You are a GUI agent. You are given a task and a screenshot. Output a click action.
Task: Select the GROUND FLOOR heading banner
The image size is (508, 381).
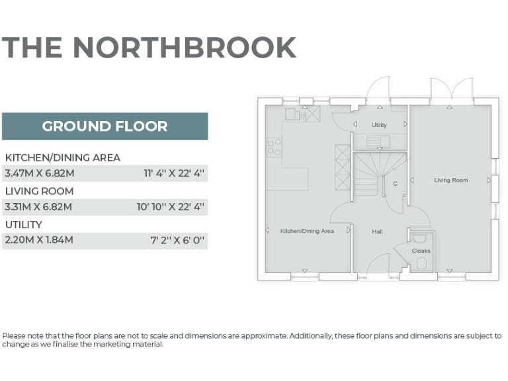pos(105,126)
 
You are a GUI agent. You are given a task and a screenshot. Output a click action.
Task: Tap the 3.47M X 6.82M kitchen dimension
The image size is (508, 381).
pos(38,174)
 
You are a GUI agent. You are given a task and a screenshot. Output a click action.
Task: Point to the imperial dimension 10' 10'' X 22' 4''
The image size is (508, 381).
pos(170,207)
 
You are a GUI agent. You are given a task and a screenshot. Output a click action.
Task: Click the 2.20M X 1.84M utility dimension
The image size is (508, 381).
pos(38,240)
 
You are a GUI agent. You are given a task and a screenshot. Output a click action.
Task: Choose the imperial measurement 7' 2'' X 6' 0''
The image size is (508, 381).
pos(178,240)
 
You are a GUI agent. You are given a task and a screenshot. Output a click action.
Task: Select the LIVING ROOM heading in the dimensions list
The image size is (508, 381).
pos(39,191)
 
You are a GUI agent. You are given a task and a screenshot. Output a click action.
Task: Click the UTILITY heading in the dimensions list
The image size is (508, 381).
pos(23,224)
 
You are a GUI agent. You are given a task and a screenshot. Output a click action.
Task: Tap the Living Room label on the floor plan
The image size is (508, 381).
pos(451,180)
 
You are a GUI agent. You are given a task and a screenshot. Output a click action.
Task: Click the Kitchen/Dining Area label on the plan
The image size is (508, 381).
pos(307,231)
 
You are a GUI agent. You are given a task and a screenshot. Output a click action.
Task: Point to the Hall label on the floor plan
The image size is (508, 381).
pos(377,232)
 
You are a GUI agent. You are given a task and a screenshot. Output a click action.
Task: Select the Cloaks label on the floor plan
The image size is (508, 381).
pos(421,251)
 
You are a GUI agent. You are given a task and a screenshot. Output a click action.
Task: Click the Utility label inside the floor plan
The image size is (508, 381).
pos(379,124)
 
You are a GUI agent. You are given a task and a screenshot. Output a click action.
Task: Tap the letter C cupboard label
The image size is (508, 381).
pos(396,183)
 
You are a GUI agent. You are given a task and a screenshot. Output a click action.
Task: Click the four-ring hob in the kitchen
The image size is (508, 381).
pos(274,148)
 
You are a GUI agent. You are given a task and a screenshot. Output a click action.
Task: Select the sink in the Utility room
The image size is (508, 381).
pos(375,140)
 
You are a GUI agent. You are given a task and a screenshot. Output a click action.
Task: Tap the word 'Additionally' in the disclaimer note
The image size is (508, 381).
pos(311,336)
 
